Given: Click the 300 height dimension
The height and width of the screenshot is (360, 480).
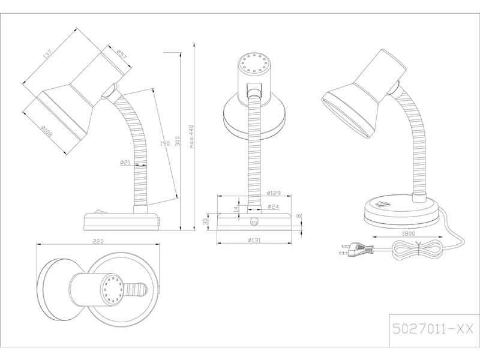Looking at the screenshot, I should (x=178, y=141).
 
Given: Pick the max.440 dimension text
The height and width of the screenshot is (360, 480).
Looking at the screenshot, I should (x=192, y=137).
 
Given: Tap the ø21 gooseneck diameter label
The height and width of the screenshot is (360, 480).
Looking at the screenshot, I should (x=125, y=162).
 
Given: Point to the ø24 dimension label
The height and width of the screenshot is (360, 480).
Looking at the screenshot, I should (x=273, y=207).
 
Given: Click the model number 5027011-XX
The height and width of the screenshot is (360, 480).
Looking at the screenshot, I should (x=432, y=328).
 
